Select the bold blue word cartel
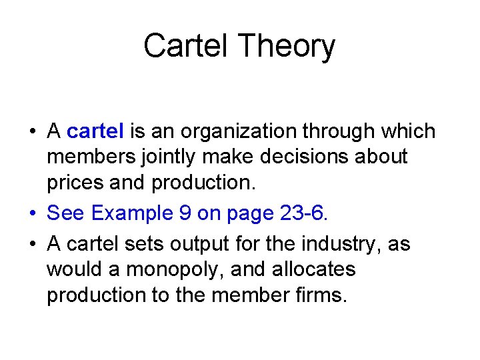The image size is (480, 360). pyautogui.click(x=95, y=131)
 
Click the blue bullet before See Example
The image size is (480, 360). pyautogui.click(x=33, y=213)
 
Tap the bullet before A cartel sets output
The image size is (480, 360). pyautogui.click(x=33, y=244)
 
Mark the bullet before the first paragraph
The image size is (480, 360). pyautogui.click(x=33, y=131)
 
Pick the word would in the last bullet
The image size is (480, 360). pyautogui.click(x=73, y=270)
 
